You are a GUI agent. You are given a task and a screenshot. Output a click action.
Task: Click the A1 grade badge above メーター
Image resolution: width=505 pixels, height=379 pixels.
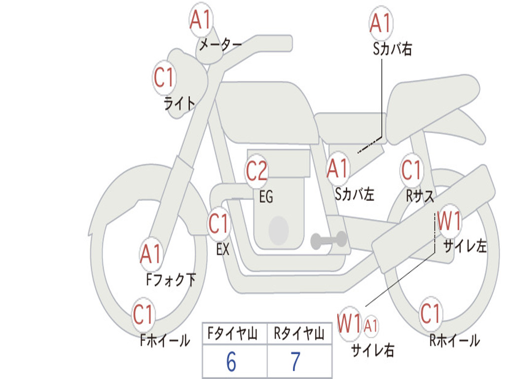click(200, 20)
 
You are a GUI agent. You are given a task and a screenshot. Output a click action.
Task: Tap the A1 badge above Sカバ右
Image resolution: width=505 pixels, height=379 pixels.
click(381, 23)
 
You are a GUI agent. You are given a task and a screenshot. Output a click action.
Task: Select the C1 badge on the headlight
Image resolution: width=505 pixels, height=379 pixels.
click(164, 77)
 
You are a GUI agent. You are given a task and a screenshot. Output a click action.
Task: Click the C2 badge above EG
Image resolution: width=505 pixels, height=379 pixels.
click(256, 170)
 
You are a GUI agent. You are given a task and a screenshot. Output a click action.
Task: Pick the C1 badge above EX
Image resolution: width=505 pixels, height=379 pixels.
click(218, 224)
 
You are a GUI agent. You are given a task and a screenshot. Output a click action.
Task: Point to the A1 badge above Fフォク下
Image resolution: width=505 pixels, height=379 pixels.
click(150, 254)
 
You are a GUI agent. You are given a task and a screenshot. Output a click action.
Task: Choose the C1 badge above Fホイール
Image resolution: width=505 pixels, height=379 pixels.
click(143, 314)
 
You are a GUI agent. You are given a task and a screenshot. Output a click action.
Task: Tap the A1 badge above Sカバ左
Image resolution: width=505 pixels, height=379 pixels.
click(337, 168)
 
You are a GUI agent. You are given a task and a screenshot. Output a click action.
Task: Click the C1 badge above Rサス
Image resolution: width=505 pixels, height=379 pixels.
click(411, 170)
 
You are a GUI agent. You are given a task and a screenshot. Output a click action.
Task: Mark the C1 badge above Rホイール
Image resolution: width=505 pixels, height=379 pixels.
click(430, 313)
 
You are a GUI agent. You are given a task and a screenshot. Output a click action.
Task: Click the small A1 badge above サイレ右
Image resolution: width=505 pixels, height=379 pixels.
click(371, 326)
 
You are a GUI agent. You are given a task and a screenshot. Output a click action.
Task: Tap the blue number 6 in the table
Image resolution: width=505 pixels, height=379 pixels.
click(231, 362)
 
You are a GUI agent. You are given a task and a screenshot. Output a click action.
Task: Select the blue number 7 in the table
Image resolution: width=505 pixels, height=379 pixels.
click(296, 362)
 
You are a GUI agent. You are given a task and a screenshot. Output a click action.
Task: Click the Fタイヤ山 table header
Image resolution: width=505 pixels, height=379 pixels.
click(233, 333)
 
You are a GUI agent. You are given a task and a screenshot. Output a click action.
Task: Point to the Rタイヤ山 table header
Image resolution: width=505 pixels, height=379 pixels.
click(299, 333)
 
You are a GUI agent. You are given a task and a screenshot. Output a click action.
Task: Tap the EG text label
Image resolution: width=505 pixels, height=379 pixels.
click(266, 196)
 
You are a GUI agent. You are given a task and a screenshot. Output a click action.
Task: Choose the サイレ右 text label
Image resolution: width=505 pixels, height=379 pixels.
click(373, 350)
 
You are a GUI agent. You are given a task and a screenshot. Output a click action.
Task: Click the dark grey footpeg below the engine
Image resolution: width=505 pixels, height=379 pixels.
click(329, 240)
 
